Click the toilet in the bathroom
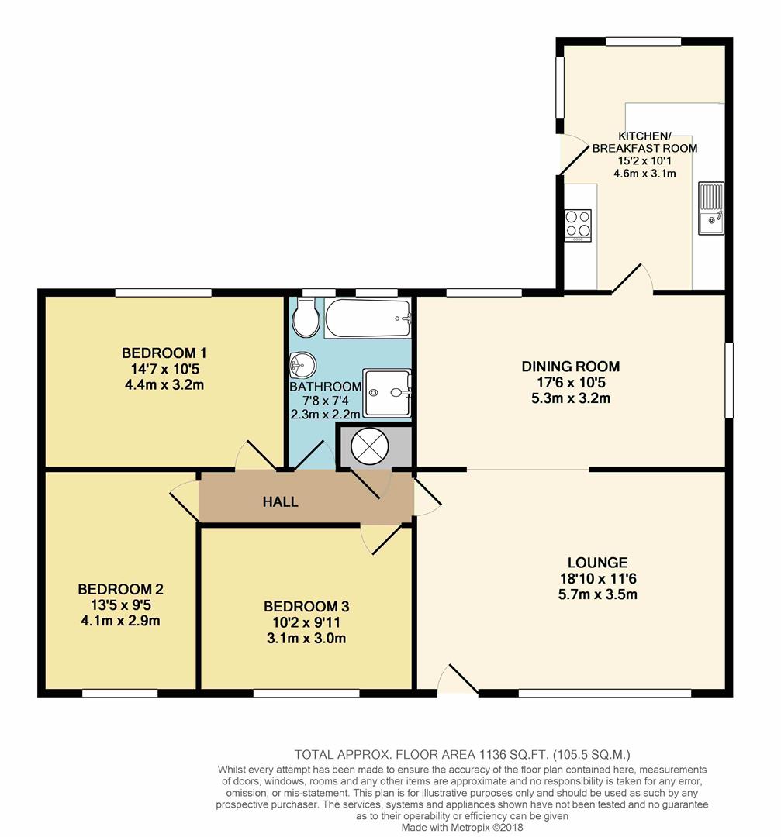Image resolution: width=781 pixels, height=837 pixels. coord(306,319)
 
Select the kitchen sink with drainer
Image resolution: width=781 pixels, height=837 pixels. coord(710,209)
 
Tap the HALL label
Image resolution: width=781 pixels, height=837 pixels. coord(280,502)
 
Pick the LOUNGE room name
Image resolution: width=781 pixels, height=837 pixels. coord(596,563)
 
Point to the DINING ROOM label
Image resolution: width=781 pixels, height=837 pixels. coord(570,367)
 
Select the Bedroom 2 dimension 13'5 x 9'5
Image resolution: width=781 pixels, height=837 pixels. coord(119,604)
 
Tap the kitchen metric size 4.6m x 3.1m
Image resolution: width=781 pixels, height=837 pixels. coord(644,174)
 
